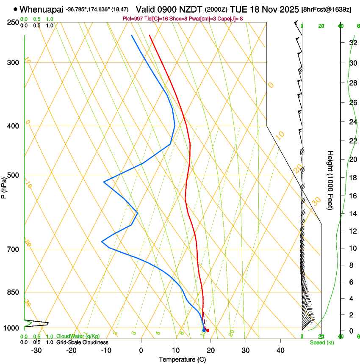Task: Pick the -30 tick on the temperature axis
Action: point(36,350)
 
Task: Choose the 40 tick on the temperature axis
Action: point(280,350)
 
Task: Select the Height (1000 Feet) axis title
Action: point(330,180)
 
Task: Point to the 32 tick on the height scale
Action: point(353,43)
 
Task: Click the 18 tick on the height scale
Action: point(353,178)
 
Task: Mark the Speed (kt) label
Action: point(321,342)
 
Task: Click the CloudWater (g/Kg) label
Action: point(78,336)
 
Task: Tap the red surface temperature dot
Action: point(208,330)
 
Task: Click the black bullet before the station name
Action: point(16,9)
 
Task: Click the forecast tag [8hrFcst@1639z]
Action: point(326,9)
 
